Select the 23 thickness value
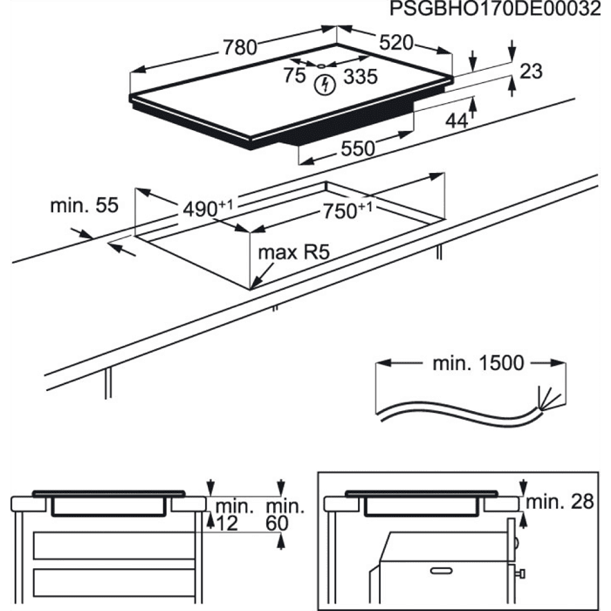click(531, 72)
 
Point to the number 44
click(457, 120)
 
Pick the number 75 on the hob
click(295, 76)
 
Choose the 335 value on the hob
click(360, 77)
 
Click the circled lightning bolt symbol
click(326, 85)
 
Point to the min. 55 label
click(83, 206)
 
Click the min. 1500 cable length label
click(478, 363)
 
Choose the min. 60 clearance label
click(285, 514)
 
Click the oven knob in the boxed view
click(520, 575)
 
